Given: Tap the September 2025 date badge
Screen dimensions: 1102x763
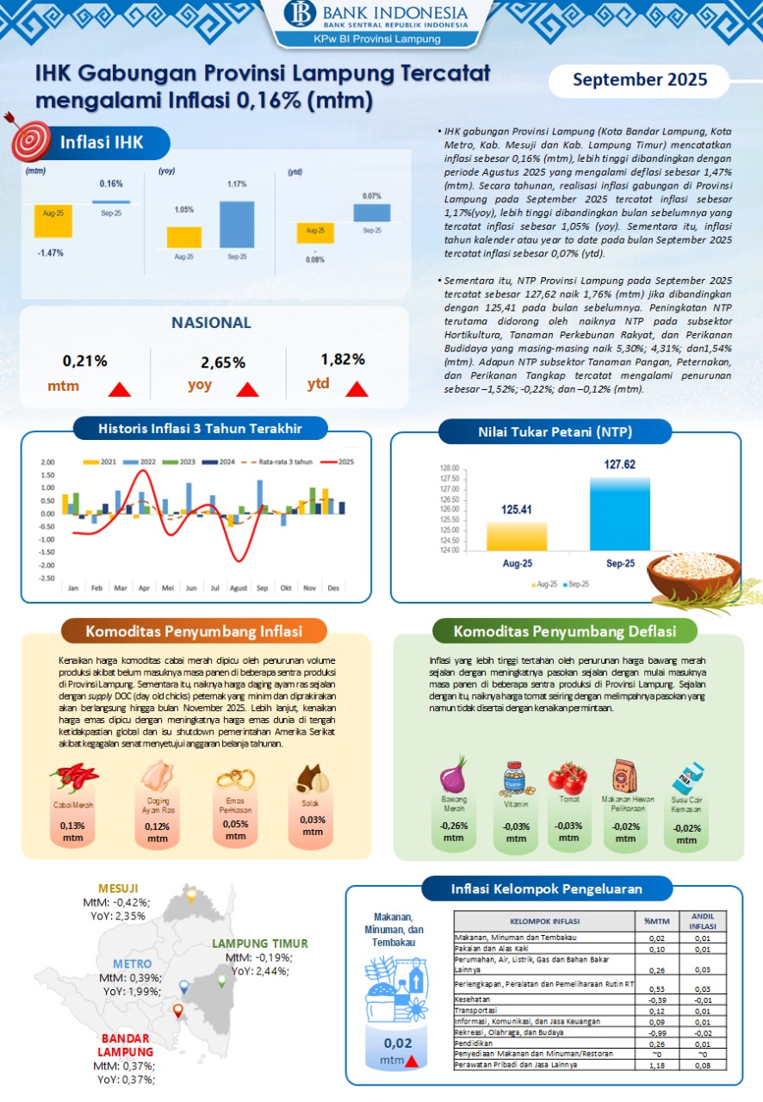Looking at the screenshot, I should [x=640, y=80].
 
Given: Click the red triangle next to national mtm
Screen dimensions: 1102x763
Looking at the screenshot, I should [x=120, y=389].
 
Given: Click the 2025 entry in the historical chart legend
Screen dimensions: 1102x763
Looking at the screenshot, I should [x=338, y=461].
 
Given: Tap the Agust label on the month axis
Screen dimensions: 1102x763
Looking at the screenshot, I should [x=239, y=588].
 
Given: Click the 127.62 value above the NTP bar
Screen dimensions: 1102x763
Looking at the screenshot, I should [x=620, y=465].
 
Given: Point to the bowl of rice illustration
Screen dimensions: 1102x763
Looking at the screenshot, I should [x=695, y=576].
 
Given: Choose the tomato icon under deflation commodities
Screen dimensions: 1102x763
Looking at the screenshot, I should [x=568, y=778].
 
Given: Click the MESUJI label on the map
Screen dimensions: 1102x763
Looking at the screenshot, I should [x=118, y=888].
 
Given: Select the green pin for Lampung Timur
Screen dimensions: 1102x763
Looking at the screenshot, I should [x=221, y=981].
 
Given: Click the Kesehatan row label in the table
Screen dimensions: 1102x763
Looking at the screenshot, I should [x=472, y=999].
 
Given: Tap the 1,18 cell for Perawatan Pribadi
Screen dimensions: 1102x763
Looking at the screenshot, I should [x=657, y=1065].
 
